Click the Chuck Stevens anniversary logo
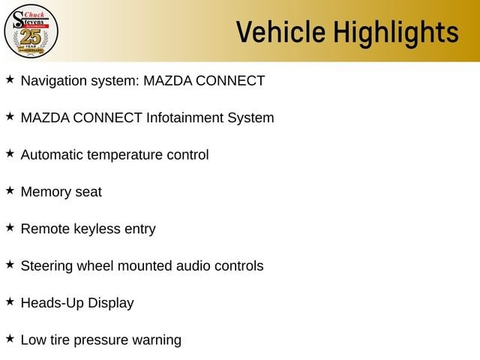(31, 31)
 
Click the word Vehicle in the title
(280, 31)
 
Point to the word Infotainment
(185, 118)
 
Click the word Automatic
(52, 154)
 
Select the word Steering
(46, 266)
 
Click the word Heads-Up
(52, 303)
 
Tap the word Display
(111, 303)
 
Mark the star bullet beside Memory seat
(10, 190)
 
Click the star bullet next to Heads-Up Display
(10, 301)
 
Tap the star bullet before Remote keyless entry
(10, 227)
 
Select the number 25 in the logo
(31, 37)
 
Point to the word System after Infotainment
(250, 118)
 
